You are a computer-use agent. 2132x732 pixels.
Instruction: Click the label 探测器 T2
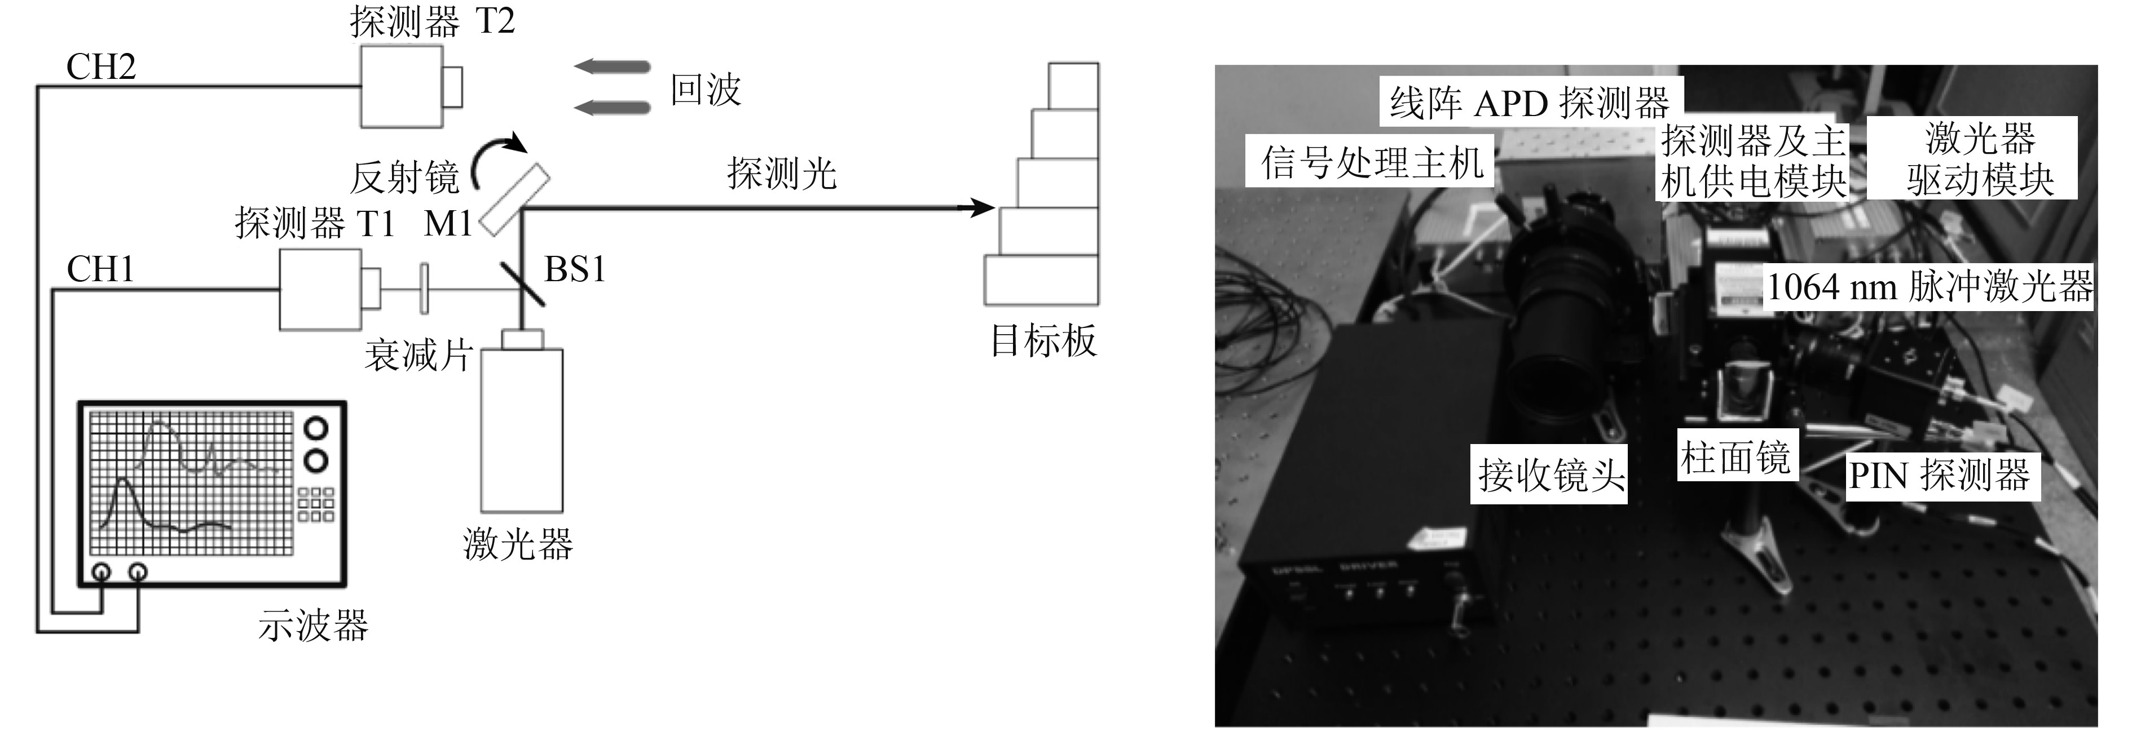click(432, 21)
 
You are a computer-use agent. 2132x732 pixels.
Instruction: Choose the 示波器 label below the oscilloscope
click(313, 625)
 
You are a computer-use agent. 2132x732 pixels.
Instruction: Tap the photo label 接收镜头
click(1551, 476)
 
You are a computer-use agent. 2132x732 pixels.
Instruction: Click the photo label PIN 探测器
click(1940, 476)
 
